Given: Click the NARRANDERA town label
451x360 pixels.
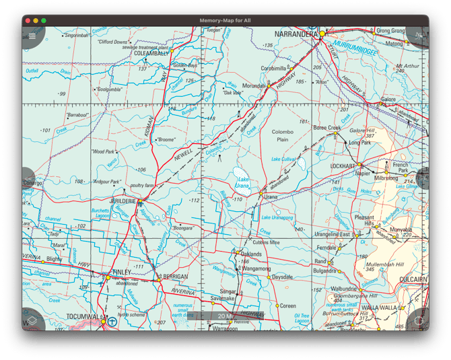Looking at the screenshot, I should tap(296, 33).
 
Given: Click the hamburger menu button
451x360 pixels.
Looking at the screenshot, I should tap(32, 36).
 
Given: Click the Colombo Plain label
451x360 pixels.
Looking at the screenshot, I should tap(283, 136).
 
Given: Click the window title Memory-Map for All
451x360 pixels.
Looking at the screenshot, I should tap(225, 21).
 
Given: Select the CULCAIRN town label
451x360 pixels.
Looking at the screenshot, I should tap(411, 279).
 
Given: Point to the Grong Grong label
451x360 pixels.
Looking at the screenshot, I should tap(390, 31).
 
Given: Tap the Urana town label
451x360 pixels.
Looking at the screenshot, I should tap(271, 196).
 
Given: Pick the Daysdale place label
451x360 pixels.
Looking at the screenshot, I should tap(282, 277).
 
